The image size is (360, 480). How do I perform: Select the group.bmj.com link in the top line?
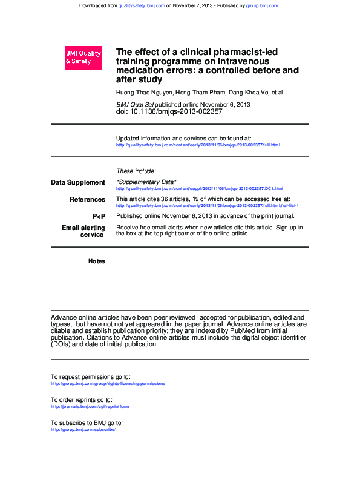click(262, 5)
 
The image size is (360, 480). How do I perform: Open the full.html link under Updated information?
click(198, 145)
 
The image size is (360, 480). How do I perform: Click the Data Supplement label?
click(77, 182)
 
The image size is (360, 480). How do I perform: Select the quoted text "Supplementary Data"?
click(146, 182)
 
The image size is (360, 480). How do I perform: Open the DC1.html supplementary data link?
click(199, 189)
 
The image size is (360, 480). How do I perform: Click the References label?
click(87, 199)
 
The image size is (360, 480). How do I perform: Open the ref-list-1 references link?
click(207, 206)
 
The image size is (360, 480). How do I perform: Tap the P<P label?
click(99, 216)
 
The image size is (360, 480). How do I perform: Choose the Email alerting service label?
click(83, 231)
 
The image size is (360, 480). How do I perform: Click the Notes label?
click(96, 261)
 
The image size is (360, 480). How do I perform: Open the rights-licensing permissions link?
click(108, 383)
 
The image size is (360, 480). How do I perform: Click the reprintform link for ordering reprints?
click(90, 406)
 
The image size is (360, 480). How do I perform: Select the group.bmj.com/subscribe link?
click(83, 429)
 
